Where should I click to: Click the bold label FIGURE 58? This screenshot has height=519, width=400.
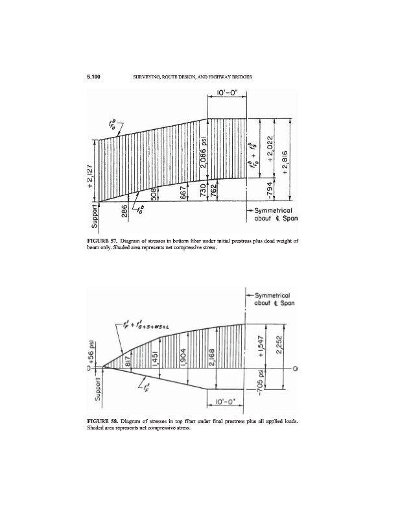coord(99,421)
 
